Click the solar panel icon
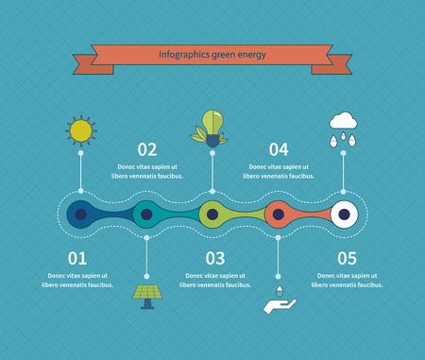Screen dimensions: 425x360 [146, 295]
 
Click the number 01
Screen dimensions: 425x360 [76, 258]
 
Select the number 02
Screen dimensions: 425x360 [147, 149]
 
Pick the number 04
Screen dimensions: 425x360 [278, 149]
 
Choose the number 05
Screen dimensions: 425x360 [347, 258]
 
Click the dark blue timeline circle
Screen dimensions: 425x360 [81, 214]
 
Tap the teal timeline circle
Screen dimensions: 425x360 [146, 214]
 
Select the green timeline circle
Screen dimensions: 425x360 [212, 214]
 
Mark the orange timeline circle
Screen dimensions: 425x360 [277, 214]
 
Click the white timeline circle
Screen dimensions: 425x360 [342, 214]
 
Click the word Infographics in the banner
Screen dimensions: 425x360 [190, 56]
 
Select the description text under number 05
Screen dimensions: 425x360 [347, 280]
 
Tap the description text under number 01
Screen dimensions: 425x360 [80, 280]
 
